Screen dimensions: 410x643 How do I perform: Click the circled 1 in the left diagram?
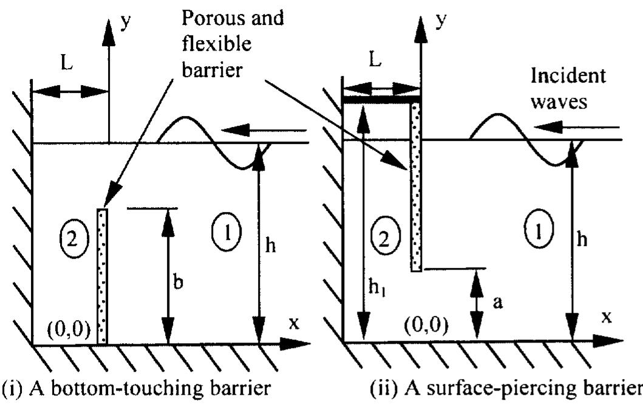coord(228,231)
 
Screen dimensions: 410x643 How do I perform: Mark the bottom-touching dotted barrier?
coord(102,276)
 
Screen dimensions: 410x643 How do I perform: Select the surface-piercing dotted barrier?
coord(416,187)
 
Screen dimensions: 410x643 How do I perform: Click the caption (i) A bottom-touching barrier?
coord(137,388)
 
